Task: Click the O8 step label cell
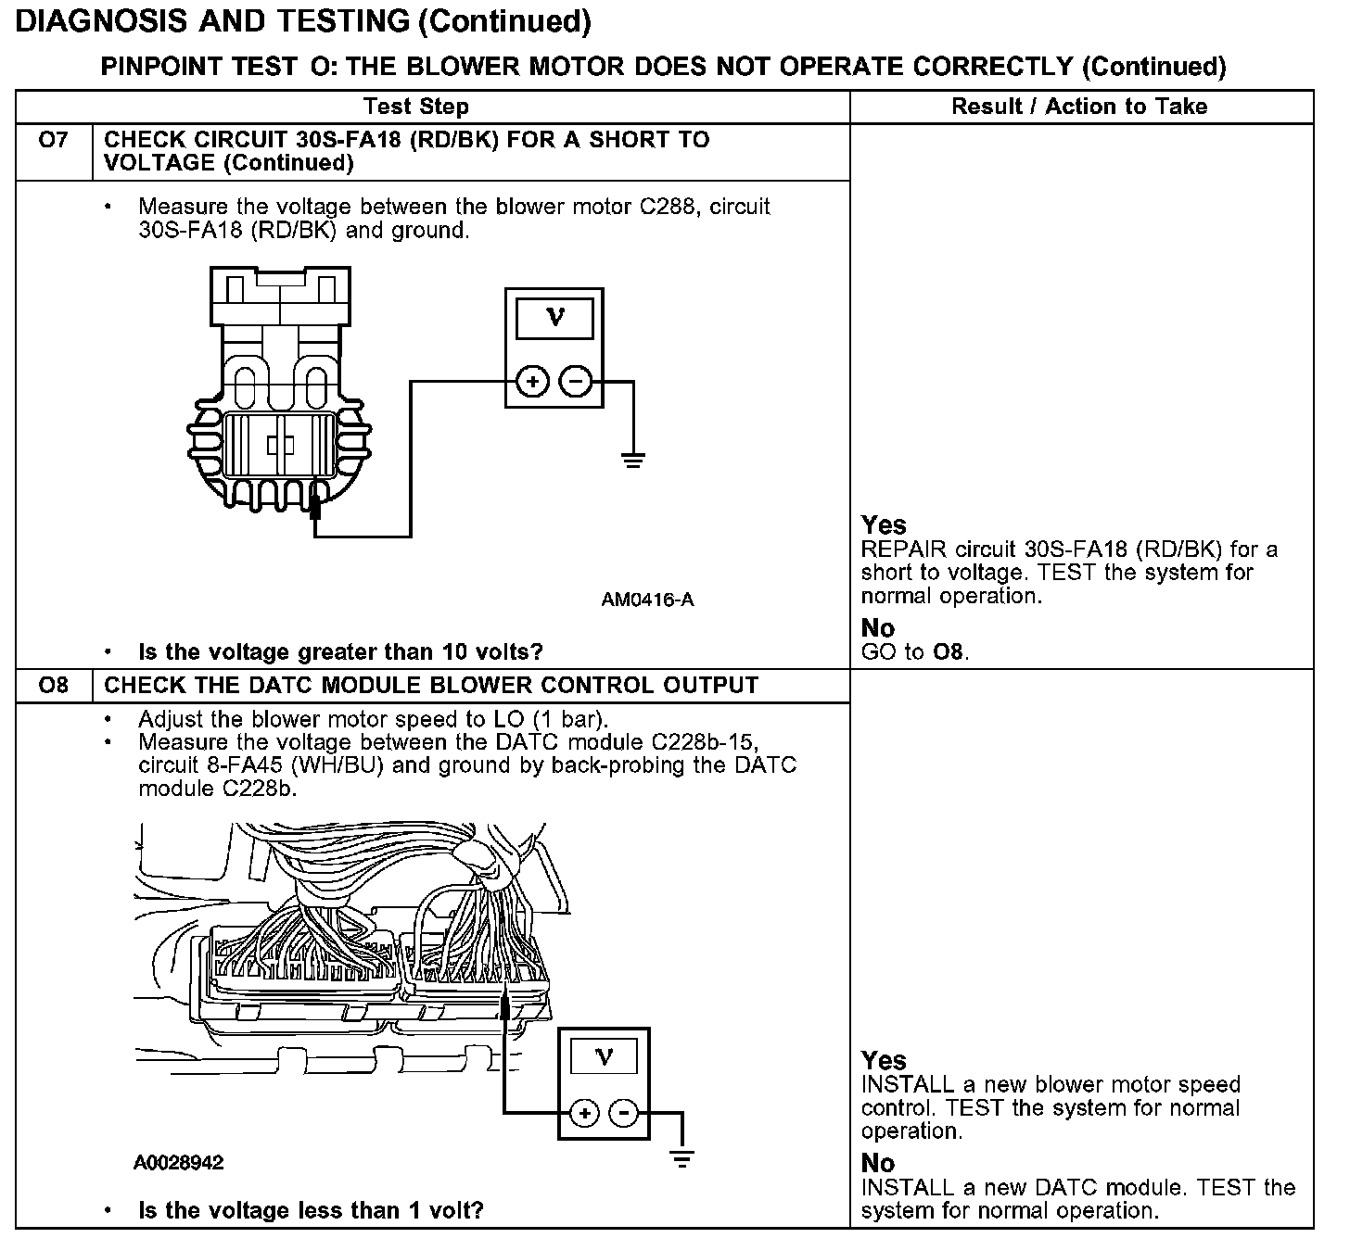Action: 54,686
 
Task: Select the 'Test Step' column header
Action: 415,107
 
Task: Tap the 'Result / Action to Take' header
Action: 1079,107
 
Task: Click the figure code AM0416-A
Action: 647,600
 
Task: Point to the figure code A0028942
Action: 178,1163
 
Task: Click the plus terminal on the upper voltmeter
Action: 531,381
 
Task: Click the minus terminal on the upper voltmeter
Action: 576,381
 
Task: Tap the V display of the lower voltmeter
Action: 604,1056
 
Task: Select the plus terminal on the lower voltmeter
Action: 584,1113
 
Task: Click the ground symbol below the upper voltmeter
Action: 633,459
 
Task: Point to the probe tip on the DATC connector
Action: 504,1005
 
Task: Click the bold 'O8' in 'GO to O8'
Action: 948,651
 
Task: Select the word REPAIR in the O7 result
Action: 904,550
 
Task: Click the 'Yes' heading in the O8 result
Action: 884,1060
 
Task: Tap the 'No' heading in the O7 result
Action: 877,628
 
